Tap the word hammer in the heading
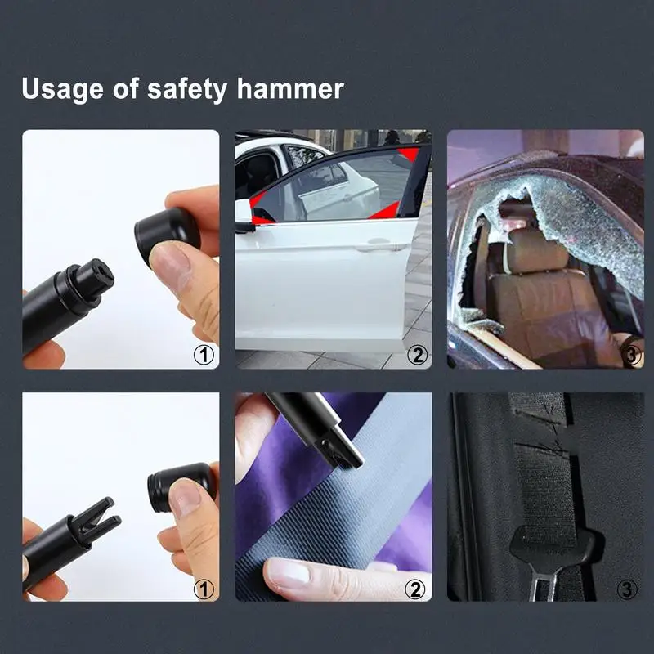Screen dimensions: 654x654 (x=292, y=88)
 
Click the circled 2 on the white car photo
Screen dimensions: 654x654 (x=418, y=355)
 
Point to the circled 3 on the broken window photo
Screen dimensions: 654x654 (x=631, y=355)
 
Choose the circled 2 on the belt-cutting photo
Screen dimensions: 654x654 (x=417, y=588)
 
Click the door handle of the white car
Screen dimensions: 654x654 (x=377, y=244)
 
